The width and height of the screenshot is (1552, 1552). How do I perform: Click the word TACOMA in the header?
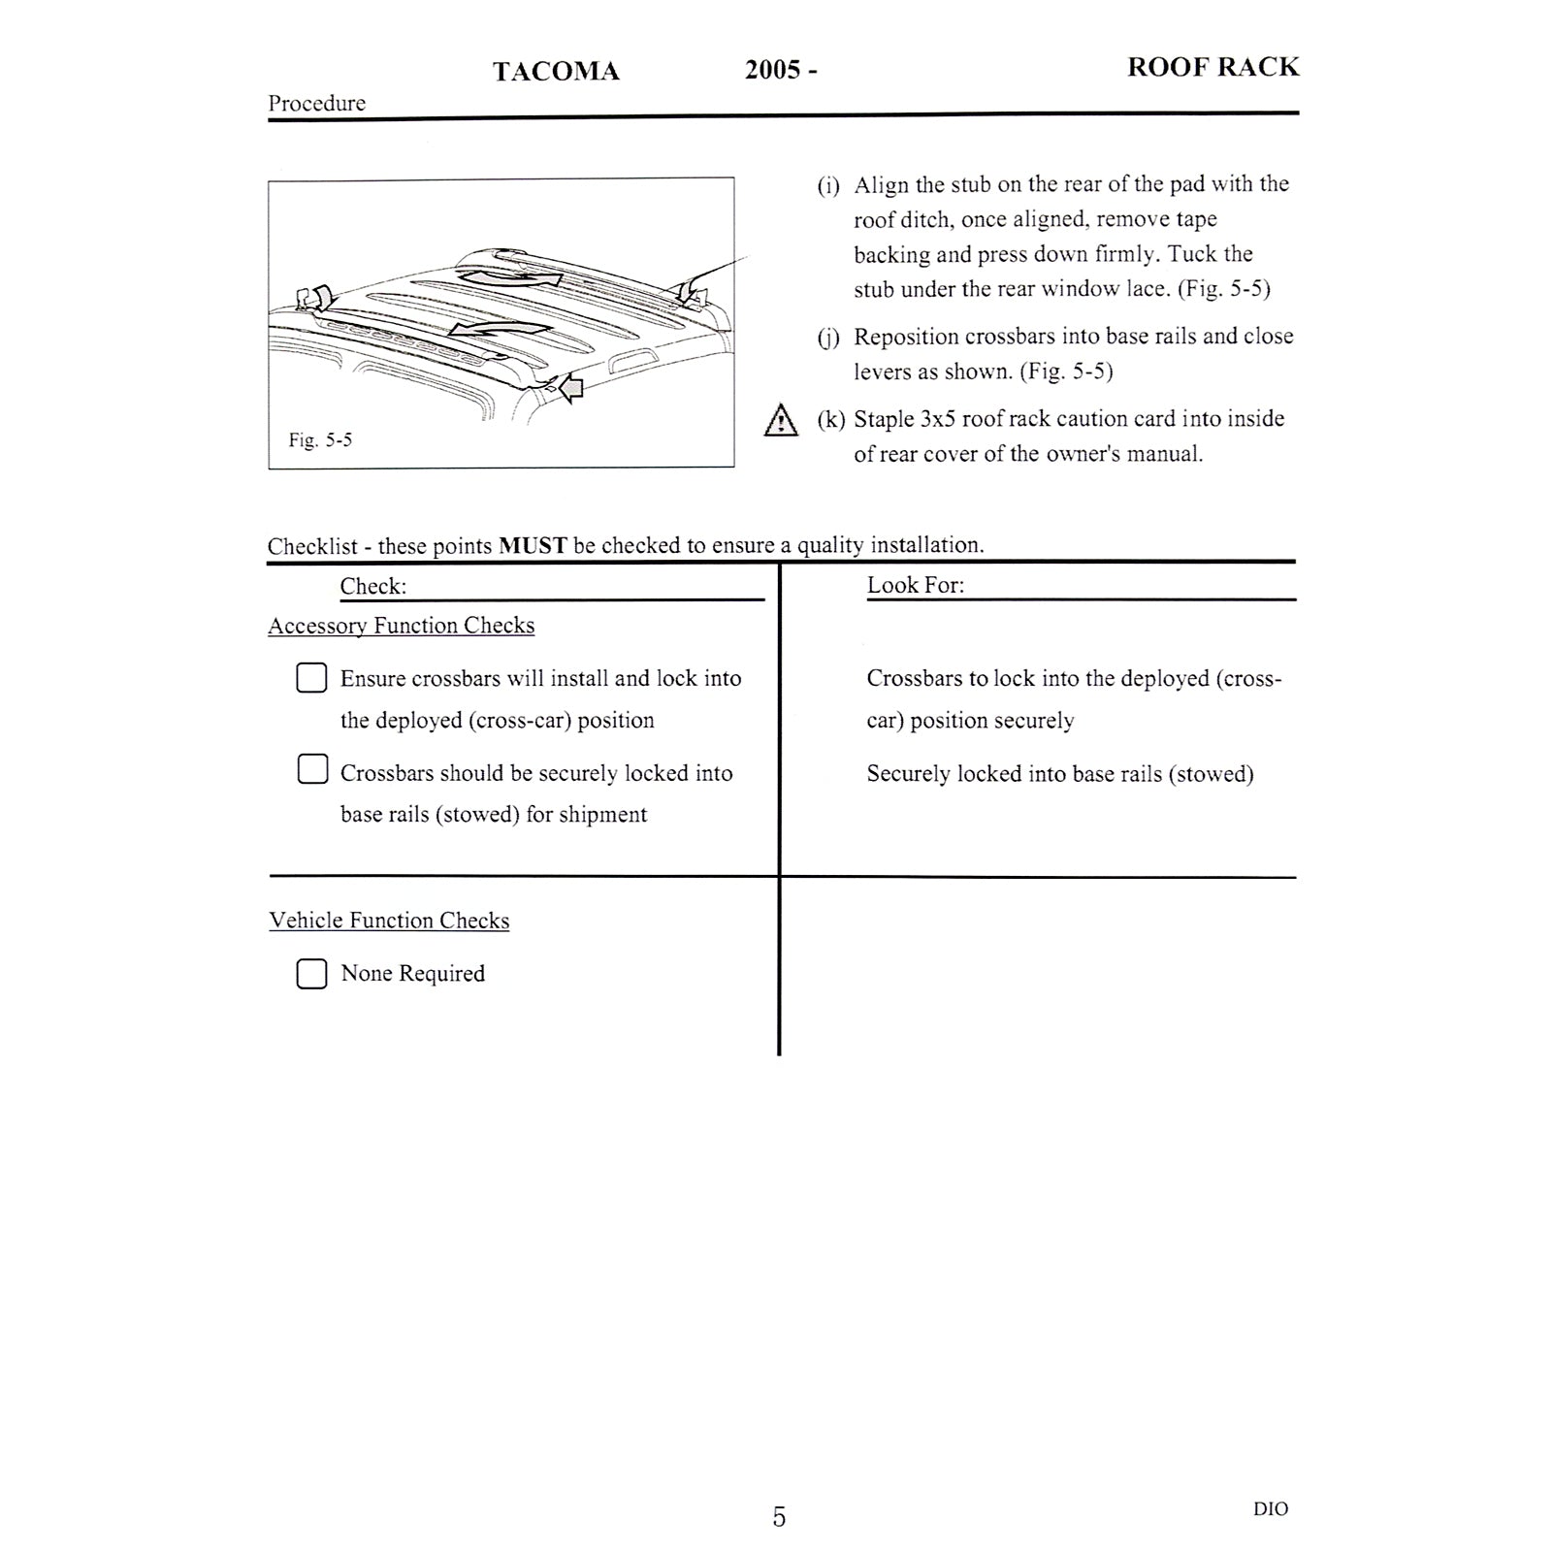pos(556,72)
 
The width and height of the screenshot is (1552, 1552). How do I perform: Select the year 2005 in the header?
pos(772,70)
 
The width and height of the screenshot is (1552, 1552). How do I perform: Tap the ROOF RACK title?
pos(1212,67)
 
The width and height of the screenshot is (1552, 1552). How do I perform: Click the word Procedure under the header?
pos(316,104)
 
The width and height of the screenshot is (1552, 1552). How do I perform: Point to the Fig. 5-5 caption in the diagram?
pos(320,440)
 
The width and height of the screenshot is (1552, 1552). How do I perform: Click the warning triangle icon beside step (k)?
pos(781,421)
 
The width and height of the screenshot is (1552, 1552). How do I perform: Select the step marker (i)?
pos(828,185)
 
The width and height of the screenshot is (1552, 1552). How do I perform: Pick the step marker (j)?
pos(828,338)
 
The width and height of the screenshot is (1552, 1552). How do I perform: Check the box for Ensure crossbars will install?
pos(311,678)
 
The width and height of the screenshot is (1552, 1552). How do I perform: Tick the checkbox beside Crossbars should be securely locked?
pos(312,769)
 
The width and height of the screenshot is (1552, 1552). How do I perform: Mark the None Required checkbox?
pos(311,974)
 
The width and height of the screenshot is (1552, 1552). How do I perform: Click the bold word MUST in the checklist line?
pos(533,546)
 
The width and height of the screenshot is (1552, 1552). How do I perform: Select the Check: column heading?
pos(372,587)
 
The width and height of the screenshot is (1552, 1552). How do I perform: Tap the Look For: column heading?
pos(915,585)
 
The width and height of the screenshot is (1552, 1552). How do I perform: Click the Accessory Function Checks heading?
pos(401,626)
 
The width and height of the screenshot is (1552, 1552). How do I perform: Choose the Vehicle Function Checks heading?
pos(389,921)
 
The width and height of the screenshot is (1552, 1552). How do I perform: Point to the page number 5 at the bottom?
pos(779,1517)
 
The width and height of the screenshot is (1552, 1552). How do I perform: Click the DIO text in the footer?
pos(1271,1509)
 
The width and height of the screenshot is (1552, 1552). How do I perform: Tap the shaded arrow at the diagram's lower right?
pos(571,388)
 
